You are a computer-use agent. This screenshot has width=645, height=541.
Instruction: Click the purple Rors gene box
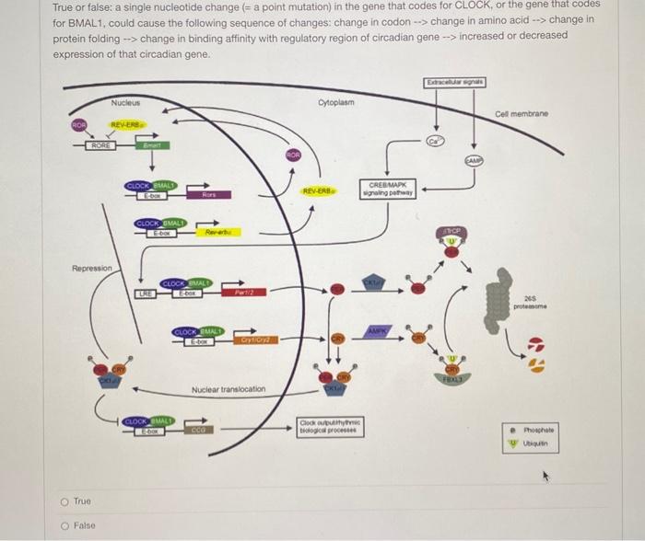(x=208, y=195)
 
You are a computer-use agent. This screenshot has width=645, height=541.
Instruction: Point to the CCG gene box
(x=198, y=429)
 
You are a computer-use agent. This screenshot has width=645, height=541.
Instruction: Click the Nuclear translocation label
(x=229, y=390)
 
